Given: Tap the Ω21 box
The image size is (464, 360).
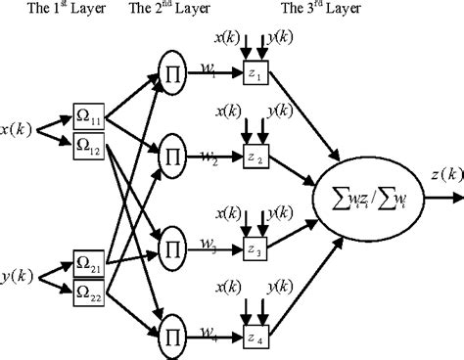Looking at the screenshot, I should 87,262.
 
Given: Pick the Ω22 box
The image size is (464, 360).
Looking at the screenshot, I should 87,291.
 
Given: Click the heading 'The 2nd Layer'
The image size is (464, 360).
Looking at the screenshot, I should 170,9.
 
